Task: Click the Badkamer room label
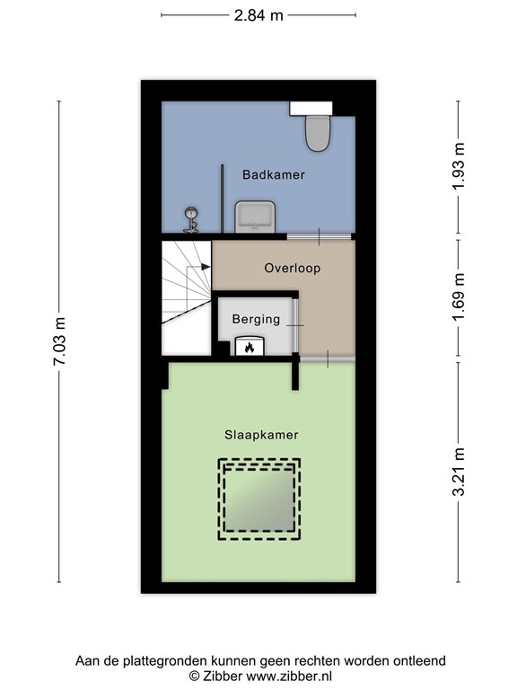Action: [273, 175]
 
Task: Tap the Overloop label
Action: [292, 268]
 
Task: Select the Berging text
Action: [256, 319]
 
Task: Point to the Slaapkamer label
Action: [261, 434]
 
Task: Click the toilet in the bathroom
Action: [317, 129]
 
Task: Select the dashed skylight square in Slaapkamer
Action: [259, 500]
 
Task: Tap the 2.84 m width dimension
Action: [258, 15]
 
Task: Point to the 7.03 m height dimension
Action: [60, 342]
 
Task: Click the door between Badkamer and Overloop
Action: [320, 236]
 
